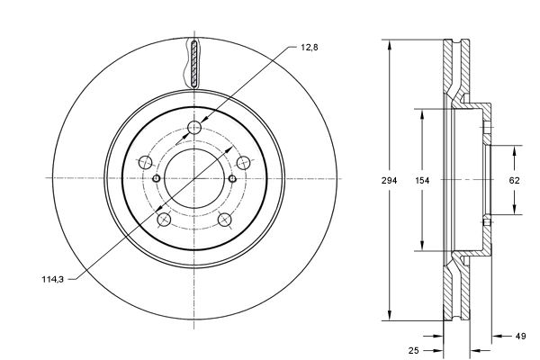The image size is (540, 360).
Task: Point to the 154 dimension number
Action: coord(423,180)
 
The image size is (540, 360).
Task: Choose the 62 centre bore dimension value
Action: coord(515,180)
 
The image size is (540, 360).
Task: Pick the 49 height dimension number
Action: coord(521,337)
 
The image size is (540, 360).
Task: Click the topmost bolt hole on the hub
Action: coord(194,127)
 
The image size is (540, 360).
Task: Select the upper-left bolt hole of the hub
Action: coord(144,163)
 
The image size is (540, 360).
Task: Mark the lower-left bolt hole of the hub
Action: coord(163,220)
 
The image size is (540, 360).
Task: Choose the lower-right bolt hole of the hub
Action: coord(225,220)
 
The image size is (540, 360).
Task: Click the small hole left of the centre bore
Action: coord(157,178)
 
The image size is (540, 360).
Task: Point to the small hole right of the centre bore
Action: coord(232,178)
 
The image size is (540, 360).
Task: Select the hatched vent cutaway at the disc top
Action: coord(194,62)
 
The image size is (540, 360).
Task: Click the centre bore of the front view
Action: coord(194,178)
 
